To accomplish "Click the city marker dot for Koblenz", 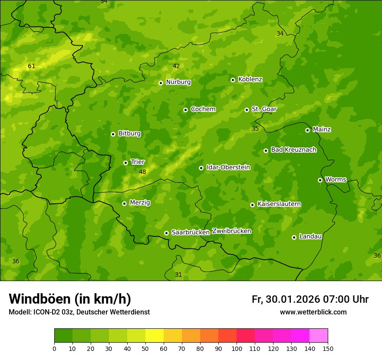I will coord(233,80).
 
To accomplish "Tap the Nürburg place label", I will coord(178,82).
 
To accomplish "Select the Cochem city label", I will coord(203,109).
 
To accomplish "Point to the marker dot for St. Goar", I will coord(247,110).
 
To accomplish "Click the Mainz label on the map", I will coord(322,129).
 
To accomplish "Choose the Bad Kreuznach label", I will coord(293,150).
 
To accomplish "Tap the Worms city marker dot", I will coord(320,180).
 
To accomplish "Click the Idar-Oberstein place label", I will coord(228,167).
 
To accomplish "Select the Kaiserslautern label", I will coord(279,204).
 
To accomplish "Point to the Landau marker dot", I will coord(294,237).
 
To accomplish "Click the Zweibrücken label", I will coord(232,231).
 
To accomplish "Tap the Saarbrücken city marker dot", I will coord(166,233).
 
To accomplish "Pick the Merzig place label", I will coord(140,203).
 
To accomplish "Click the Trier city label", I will coord(138,162).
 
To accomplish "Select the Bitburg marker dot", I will coord(113,134).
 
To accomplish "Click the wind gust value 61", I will coord(31,66).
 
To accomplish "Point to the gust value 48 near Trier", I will coord(142,172).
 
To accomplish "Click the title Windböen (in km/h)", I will coord(70,299).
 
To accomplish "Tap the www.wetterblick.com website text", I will coord(313,312).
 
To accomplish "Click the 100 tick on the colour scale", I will coord(237,348).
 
